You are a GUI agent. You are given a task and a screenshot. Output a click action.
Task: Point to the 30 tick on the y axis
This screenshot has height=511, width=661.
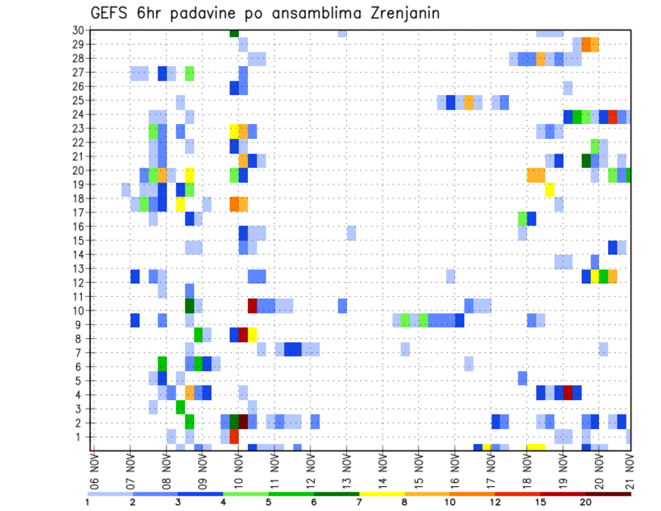click(78, 30)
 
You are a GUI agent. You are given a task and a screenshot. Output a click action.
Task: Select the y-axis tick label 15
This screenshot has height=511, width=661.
click(78, 240)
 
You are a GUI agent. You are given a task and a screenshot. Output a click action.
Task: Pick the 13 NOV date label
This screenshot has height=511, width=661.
click(347, 470)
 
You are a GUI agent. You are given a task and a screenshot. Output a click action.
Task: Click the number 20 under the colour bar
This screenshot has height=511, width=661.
click(586, 502)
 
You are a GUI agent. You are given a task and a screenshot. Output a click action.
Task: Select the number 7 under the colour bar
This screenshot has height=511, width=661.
click(359, 502)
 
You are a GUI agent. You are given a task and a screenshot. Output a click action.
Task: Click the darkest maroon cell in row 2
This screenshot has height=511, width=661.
click(243, 421)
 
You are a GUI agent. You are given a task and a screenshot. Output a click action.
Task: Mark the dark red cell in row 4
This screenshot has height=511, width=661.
click(568, 393)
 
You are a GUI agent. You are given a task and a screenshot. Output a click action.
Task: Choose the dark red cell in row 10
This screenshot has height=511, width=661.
click(252, 304)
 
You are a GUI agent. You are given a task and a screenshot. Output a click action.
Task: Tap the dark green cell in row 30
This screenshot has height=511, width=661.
click(234, 32)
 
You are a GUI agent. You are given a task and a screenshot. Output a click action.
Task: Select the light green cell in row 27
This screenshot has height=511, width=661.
click(189, 73)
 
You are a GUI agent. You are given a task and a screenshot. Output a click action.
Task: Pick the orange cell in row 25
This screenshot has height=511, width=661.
click(469, 102)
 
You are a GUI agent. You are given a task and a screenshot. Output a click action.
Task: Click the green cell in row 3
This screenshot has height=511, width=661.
click(180, 407)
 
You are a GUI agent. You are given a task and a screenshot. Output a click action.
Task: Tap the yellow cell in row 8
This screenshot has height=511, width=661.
click(252, 335)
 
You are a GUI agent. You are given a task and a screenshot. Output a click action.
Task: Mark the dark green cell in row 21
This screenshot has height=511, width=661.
click(586, 160)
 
